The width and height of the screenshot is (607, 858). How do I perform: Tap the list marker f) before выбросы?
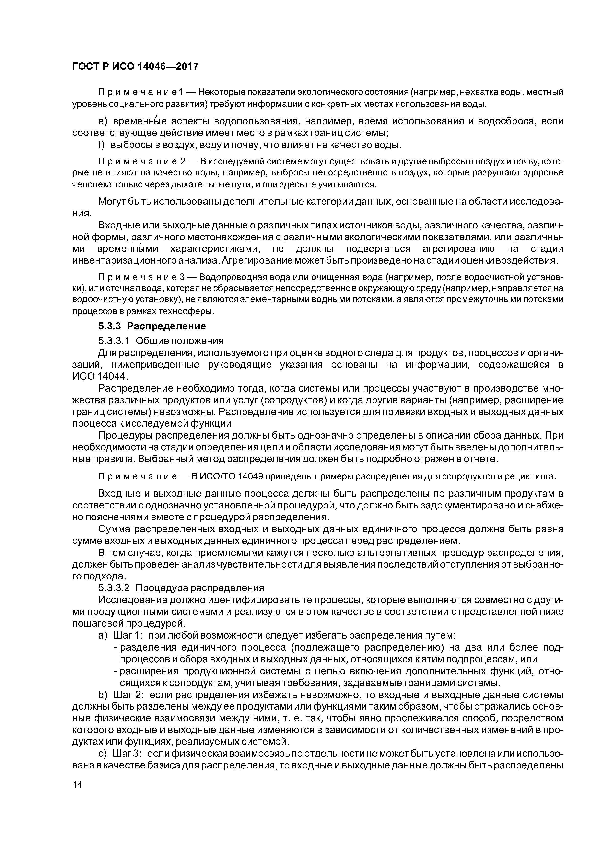102,145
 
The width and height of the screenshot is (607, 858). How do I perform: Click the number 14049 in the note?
252,477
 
